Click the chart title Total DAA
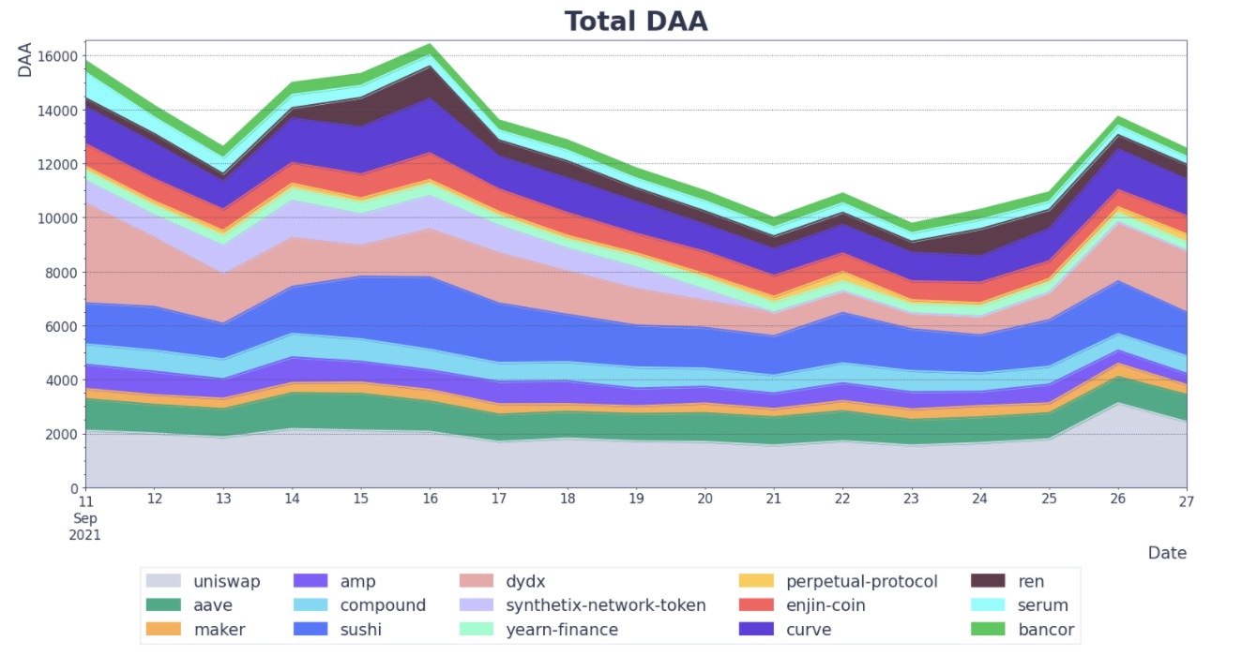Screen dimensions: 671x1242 635,21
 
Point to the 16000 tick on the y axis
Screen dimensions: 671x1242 59,56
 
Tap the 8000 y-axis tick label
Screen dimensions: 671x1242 63,273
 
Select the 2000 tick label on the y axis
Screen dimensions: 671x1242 63,435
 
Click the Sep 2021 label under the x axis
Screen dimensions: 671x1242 86,527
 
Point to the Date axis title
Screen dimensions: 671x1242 1167,553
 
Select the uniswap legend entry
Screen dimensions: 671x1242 226,581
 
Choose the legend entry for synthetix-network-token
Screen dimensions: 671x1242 605,605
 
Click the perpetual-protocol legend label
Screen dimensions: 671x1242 861,581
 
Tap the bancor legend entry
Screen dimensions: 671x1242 1046,630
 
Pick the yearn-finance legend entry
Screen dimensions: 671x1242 561,630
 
